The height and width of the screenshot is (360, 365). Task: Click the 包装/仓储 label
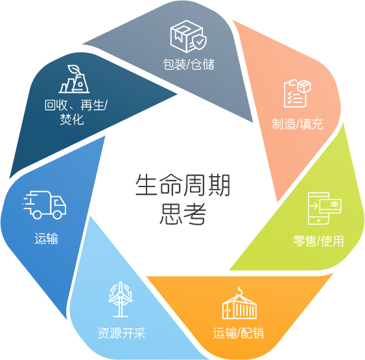pyautogui.click(x=189, y=64)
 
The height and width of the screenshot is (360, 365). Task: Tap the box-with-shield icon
pyautogui.click(x=188, y=36)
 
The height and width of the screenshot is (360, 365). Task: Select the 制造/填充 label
pyautogui.click(x=298, y=124)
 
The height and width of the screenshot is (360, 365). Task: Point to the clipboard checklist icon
pyautogui.click(x=298, y=93)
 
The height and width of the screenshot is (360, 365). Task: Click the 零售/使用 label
pyautogui.click(x=318, y=241)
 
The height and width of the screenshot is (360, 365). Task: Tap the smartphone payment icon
pyautogui.click(x=325, y=208)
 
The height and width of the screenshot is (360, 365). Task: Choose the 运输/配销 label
pyautogui.click(x=239, y=333)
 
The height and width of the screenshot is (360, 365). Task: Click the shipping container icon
pyautogui.click(x=239, y=303)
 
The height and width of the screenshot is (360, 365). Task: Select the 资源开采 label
pyautogui.click(x=121, y=333)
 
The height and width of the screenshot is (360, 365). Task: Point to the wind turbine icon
pyautogui.click(x=121, y=299)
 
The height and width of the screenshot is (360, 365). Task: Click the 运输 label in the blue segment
pyautogui.click(x=46, y=238)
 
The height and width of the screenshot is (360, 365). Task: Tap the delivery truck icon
pyautogui.click(x=45, y=205)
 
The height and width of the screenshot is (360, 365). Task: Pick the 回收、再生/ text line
pyautogui.click(x=76, y=105)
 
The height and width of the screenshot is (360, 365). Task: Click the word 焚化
pyautogui.click(x=72, y=119)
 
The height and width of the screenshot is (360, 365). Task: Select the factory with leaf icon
pyautogui.click(x=74, y=79)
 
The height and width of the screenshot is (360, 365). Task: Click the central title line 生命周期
pyautogui.click(x=183, y=185)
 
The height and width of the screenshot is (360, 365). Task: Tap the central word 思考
pyautogui.click(x=183, y=214)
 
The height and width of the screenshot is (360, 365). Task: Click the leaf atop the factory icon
pyautogui.click(x=74, y=69)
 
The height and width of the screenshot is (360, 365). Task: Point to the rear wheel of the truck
pyautogui.click(x=37, y=214)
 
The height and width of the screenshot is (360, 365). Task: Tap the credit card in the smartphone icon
pyautogui.click(x=331, y=205)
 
